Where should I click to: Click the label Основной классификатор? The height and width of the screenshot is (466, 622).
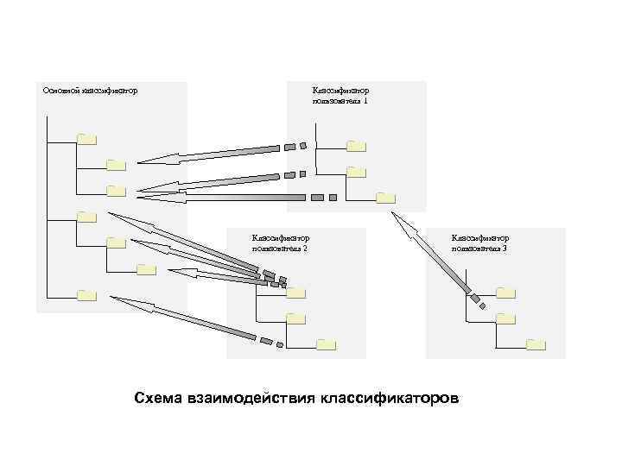pyautogui.click(x=90, y=90)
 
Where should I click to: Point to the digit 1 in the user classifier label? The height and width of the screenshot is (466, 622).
pyautogui.click(x=365, y=101)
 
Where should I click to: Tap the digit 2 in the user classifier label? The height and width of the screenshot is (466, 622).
pyautogui.click(x=305, y=248)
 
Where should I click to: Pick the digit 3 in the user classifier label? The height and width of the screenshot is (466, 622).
pyautogui.click(x=505, y=248)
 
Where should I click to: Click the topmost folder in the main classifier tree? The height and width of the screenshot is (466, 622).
pyautogui.click(x=86, y=138)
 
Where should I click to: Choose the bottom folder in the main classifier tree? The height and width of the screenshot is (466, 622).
pyautogui.click(x=86, y=295)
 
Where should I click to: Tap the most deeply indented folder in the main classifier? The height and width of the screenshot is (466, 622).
pyautogui.click(x=146, y=269)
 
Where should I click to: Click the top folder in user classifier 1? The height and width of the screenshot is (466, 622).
pyautogui.click(x=356, y=145)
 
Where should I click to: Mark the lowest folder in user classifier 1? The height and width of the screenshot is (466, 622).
pyautogui.click(x=385, y=198)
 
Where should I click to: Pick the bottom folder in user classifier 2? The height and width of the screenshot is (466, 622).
pyautogui.click(x=326, y=345)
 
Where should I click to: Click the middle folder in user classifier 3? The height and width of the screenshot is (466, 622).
pyautogui.click(x=506, y=318)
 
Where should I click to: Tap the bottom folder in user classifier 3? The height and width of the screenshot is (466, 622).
pyautogui.click(x=536, y=344)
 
